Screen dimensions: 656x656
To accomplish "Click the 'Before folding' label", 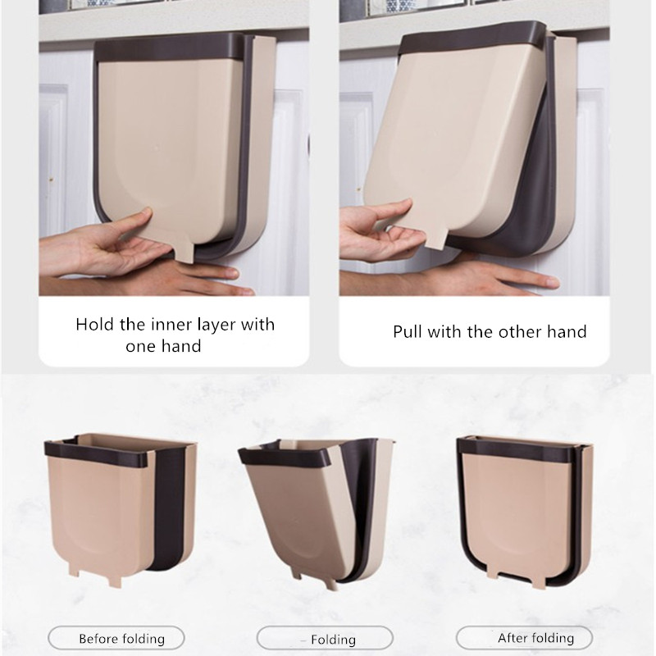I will (121, 638).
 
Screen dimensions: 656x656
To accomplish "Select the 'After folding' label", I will (535, 637).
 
